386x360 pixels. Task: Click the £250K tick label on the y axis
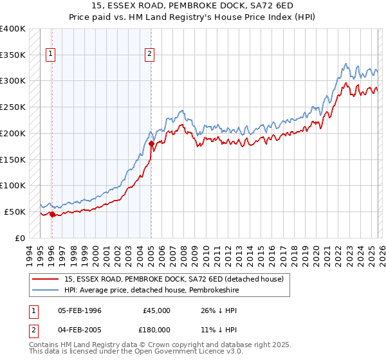tap(13, 107)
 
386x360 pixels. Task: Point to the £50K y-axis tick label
tap(15, 212)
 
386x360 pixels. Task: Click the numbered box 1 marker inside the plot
tap(51, 55)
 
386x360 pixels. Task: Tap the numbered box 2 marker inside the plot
tap(150, 55)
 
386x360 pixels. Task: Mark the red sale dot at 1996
tap(51, 214)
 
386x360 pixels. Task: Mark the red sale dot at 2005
tap(151, 144)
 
